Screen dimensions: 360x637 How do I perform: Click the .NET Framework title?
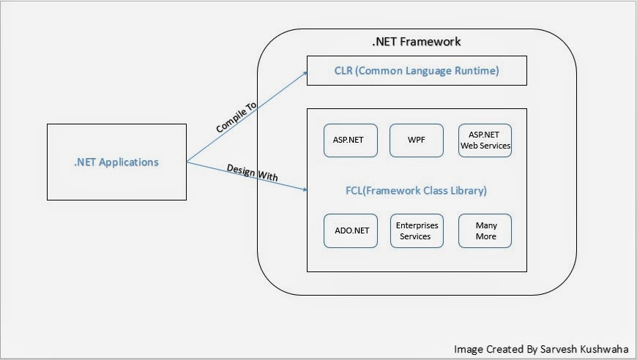click(x=417, y=42)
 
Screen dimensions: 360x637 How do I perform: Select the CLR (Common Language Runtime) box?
click(x=417, y=72)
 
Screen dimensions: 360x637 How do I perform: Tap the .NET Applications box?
click(x=116, y=162)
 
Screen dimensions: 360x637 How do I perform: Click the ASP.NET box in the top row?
click(x=350, y=140)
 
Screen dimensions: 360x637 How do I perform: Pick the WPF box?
click(x=416, y=140)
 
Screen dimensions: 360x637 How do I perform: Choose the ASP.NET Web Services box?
click(x=485, y=140)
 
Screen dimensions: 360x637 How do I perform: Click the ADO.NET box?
click(x=350, y=231)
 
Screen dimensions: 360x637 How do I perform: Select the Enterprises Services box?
click(x=416, y=231)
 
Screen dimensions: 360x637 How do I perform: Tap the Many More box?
click(x=485, y=231)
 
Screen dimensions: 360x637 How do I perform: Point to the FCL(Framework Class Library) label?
click(x=416, y=190)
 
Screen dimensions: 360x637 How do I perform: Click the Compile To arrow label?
click(x=236, y=118)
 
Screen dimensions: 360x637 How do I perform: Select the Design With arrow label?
click(x=252, y=176)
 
